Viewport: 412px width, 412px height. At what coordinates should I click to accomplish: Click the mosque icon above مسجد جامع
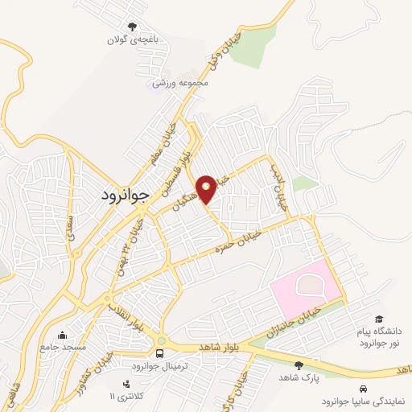coord(63,335)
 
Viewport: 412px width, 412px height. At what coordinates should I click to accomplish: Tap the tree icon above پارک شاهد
coord(299,365)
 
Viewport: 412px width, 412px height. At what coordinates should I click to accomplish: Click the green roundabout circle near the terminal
coord(162,340)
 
